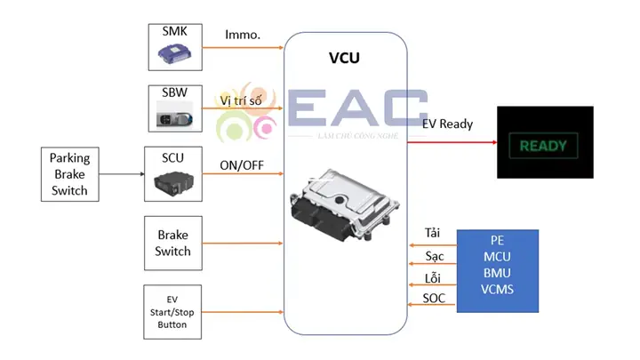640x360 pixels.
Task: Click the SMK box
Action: point(173,47)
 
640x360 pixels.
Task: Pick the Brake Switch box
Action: point(173,243)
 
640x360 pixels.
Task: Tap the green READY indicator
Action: point(544,145)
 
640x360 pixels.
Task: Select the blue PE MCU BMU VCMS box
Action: point(497,270)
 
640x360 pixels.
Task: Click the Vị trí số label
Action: point(242,100)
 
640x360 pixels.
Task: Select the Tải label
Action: point(433,232)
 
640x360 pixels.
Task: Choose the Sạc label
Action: point(434,255)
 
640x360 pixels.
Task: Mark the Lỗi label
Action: point(433,277)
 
